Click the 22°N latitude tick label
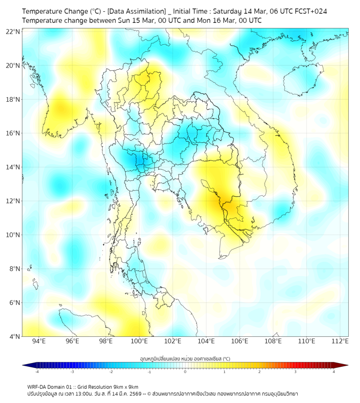click(13, 31)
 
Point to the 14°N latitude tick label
click(13, 167)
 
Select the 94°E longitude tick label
click(39, 341)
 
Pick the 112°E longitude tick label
click(340, 341)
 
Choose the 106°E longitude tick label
click(240, 341)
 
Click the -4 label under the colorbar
click(37, 372)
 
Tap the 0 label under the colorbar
click(185, 372)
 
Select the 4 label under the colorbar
click(334, 372)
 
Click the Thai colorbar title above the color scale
click(185, 358)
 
